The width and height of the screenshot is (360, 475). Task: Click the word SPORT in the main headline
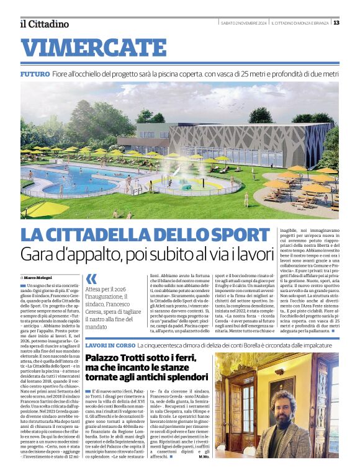(240, 235)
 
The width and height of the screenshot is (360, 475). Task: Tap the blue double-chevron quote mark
(92, 280)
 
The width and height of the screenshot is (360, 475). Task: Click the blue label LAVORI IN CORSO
(109, 344)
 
